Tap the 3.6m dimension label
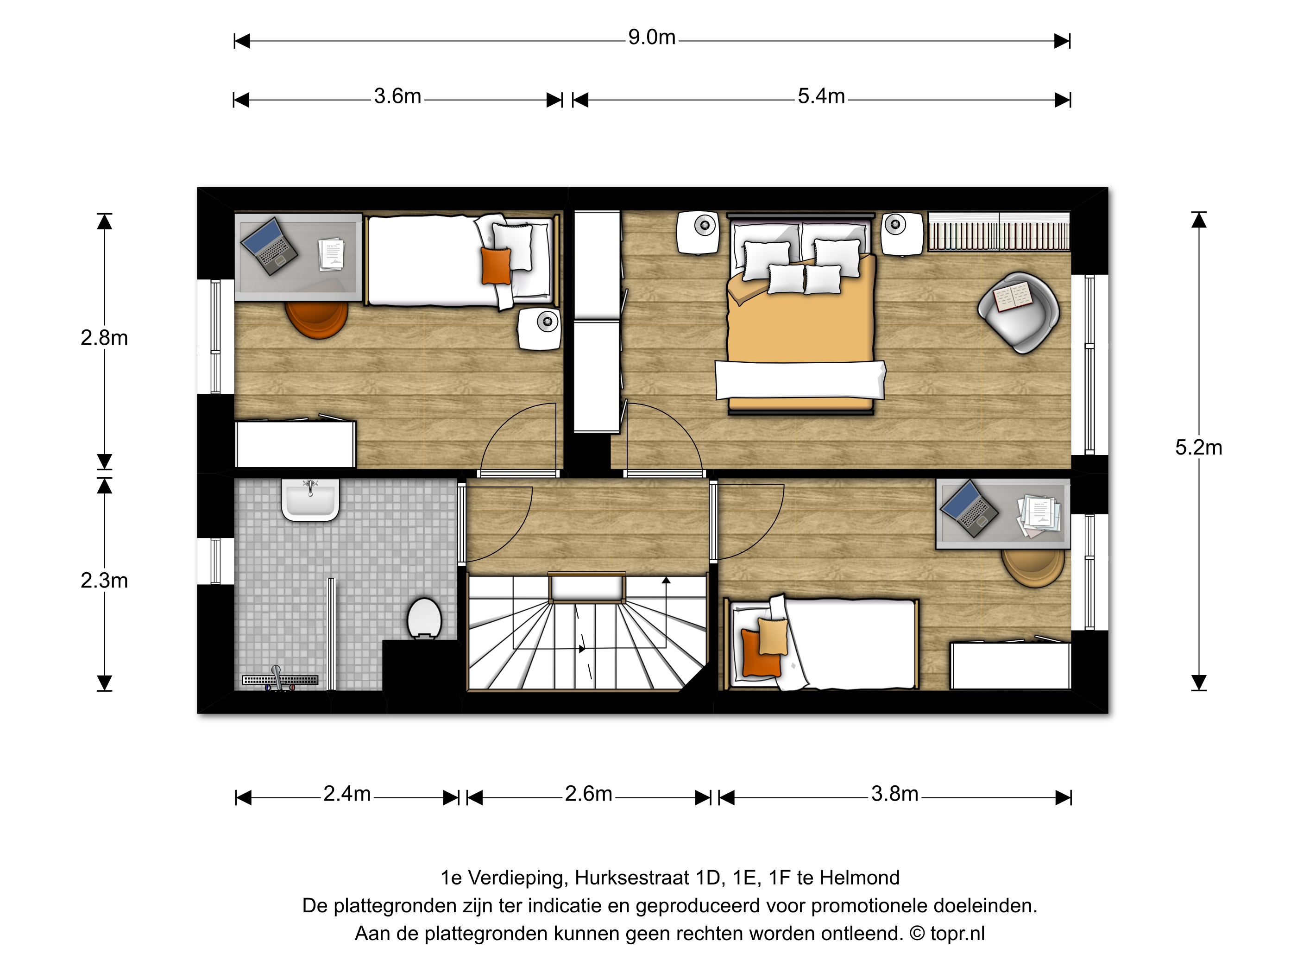pyautogui.click(x=397, y=96)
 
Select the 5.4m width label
pyautogui.click(x=821, y=96)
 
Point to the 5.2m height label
pyautogui.click(x=1198, y=448)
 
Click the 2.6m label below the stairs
pyautogui.click(x=588, y=794)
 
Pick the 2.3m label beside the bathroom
pyautogui.click(x=104, y=581)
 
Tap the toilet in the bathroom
pyautogui.click(x=424, y=618)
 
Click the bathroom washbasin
pyautogui.click(x=310, y=499)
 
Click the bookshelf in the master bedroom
pyautogui.click(x=999, y=232)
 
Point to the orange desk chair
pyautogui.click(x=317, y=320)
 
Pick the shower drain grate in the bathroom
pyautogui.click(x=280, y=680)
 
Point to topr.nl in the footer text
pyautogui.click(x=957, y=933)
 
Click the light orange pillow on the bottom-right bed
pyautogui.click(x=773, y=636)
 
